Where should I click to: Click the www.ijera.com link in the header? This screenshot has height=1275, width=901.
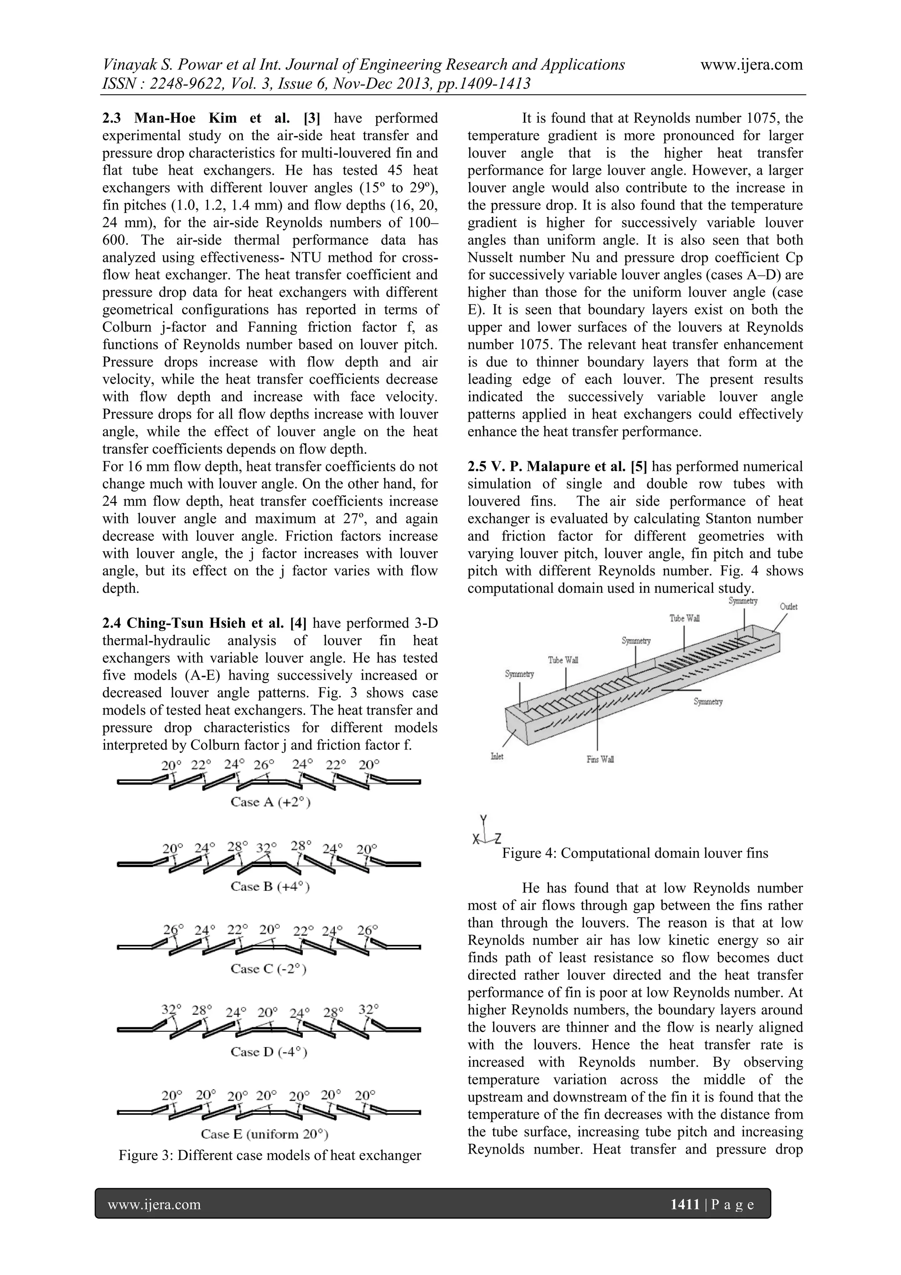pyautogui.click(x=751, y=65)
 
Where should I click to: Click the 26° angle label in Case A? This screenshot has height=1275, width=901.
pyautogui.click(x=264, y=765)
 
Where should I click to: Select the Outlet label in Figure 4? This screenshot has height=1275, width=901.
pyautogui.click(x=788, y=607)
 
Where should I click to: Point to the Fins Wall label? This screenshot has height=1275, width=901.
pyautogui.click(x=600, y=759)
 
